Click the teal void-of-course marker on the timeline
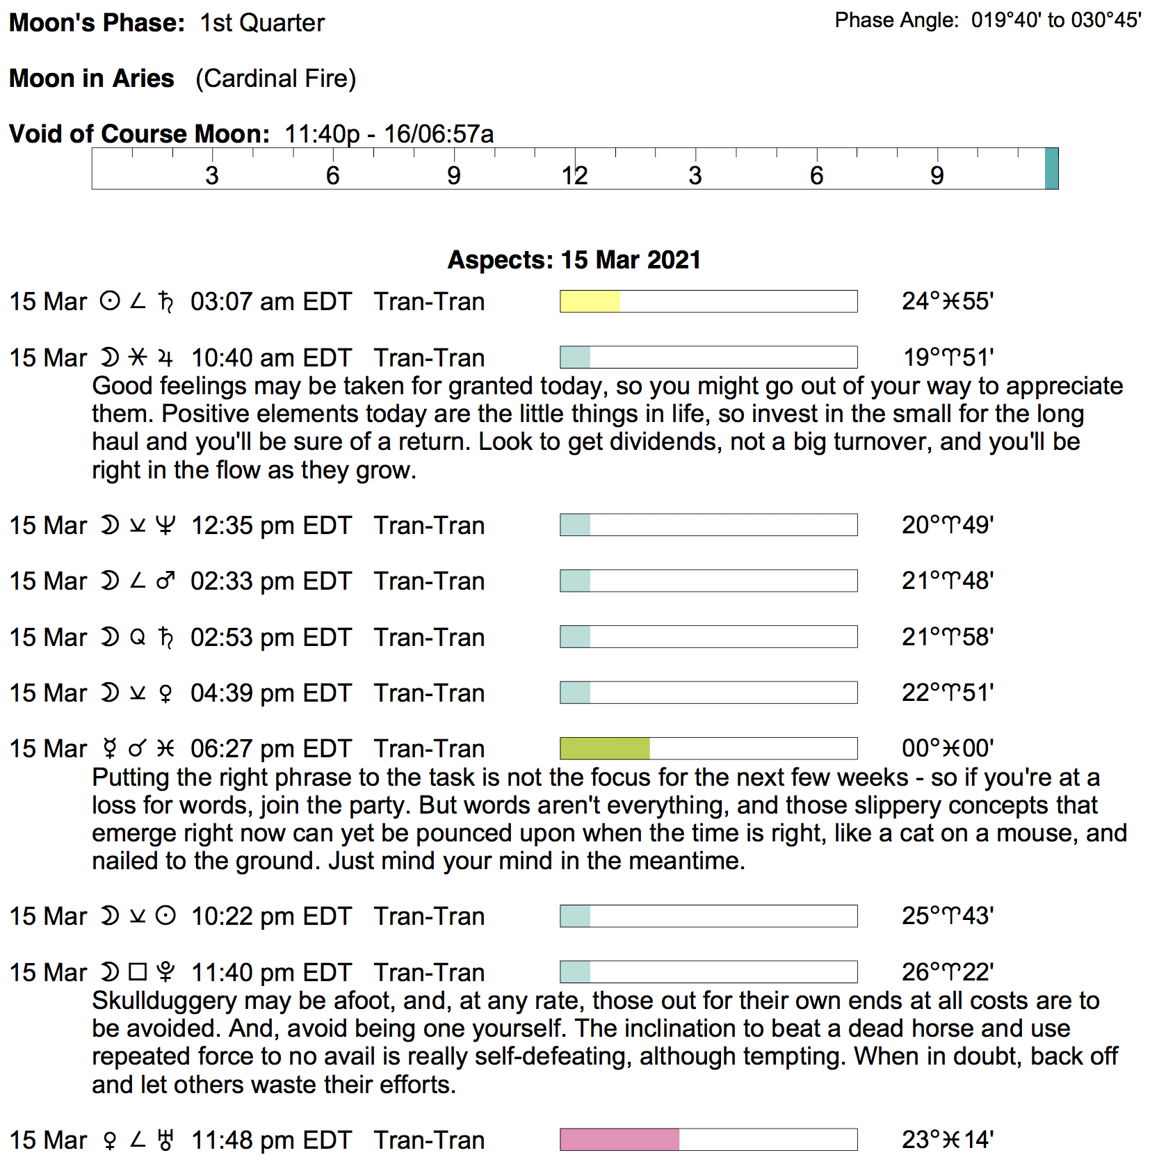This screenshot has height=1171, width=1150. coord(1051,168)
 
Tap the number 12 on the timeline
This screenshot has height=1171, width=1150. coord(574,175)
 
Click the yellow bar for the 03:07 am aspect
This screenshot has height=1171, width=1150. coord(590,301)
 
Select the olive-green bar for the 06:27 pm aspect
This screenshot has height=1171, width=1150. coord(604,748)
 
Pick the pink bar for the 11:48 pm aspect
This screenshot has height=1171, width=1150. coord(619,1140)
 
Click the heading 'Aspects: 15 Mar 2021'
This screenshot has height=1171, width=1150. coord(574,259)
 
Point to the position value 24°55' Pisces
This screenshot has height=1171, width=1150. coord(947,301)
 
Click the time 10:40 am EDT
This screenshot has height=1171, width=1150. coord(271,357)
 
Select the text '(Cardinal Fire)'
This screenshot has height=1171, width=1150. coord(275,79)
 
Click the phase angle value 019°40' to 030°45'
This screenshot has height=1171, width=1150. coord(1056,20)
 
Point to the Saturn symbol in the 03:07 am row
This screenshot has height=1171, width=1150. coord(165,302)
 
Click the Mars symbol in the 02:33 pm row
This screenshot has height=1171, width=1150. coord(165,581)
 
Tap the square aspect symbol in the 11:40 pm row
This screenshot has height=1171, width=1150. coord(138,972)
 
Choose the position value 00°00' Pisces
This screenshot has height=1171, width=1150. coord(947,748)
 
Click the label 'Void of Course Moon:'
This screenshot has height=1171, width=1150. coord(139,134)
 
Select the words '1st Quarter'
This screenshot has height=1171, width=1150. coord(262,23)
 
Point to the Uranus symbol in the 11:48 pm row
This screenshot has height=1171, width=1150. coord(165,1140)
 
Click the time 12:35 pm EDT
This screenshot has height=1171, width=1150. coord(271,525)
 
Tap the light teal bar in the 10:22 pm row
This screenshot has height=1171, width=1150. coord(575,916)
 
